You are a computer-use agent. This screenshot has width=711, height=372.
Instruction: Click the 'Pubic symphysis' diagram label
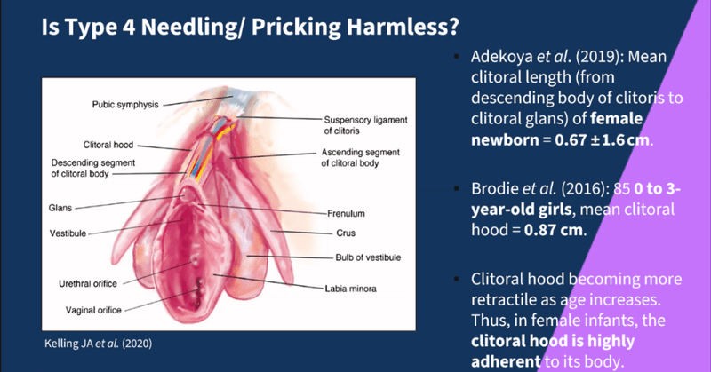pos(125,104)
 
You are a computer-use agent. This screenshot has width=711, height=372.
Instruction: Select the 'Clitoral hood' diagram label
pos(109,143)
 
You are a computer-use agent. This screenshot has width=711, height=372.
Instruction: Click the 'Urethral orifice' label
pos(91,284)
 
